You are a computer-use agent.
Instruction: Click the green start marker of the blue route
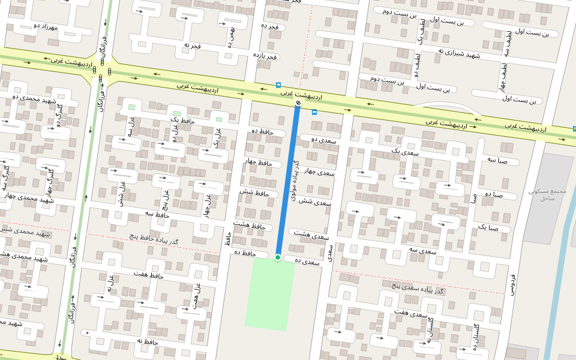pyautogui.click(x=278, y=257)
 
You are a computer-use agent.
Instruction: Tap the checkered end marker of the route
pyautogui.click(x=298, y=104)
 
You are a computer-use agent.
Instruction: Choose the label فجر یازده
pyautogui.click(x=265, y=56)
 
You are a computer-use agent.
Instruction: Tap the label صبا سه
pyautogui.click(x=497, y=161)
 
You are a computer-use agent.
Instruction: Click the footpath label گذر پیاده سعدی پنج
pyautogui.click(x=418, y=287)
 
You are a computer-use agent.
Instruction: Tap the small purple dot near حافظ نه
pyautogui.click(x=88, y=332)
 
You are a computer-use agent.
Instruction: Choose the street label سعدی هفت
pyautogui.click(x=410, y=313)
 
